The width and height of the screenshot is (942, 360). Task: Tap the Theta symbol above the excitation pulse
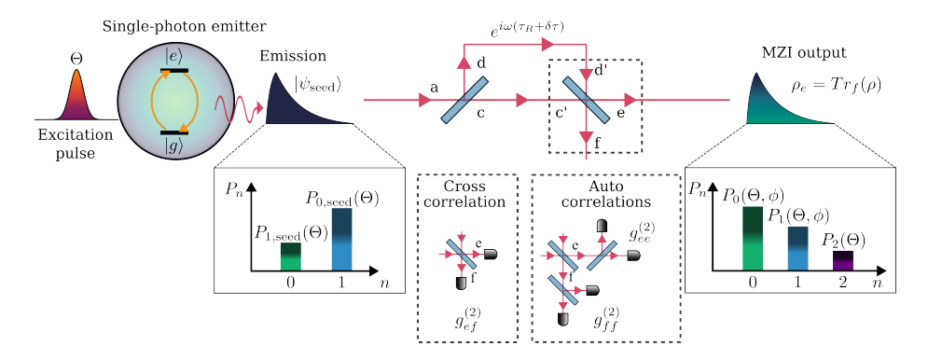click(76, 58)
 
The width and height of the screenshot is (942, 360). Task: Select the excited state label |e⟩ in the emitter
click(173, 56)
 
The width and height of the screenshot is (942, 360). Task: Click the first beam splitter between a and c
click(464, 100)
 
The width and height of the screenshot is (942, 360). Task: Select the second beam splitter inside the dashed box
click(586, 99)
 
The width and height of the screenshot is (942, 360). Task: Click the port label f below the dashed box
click(597, 141)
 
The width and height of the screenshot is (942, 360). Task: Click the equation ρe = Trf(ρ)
click(835, 86)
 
